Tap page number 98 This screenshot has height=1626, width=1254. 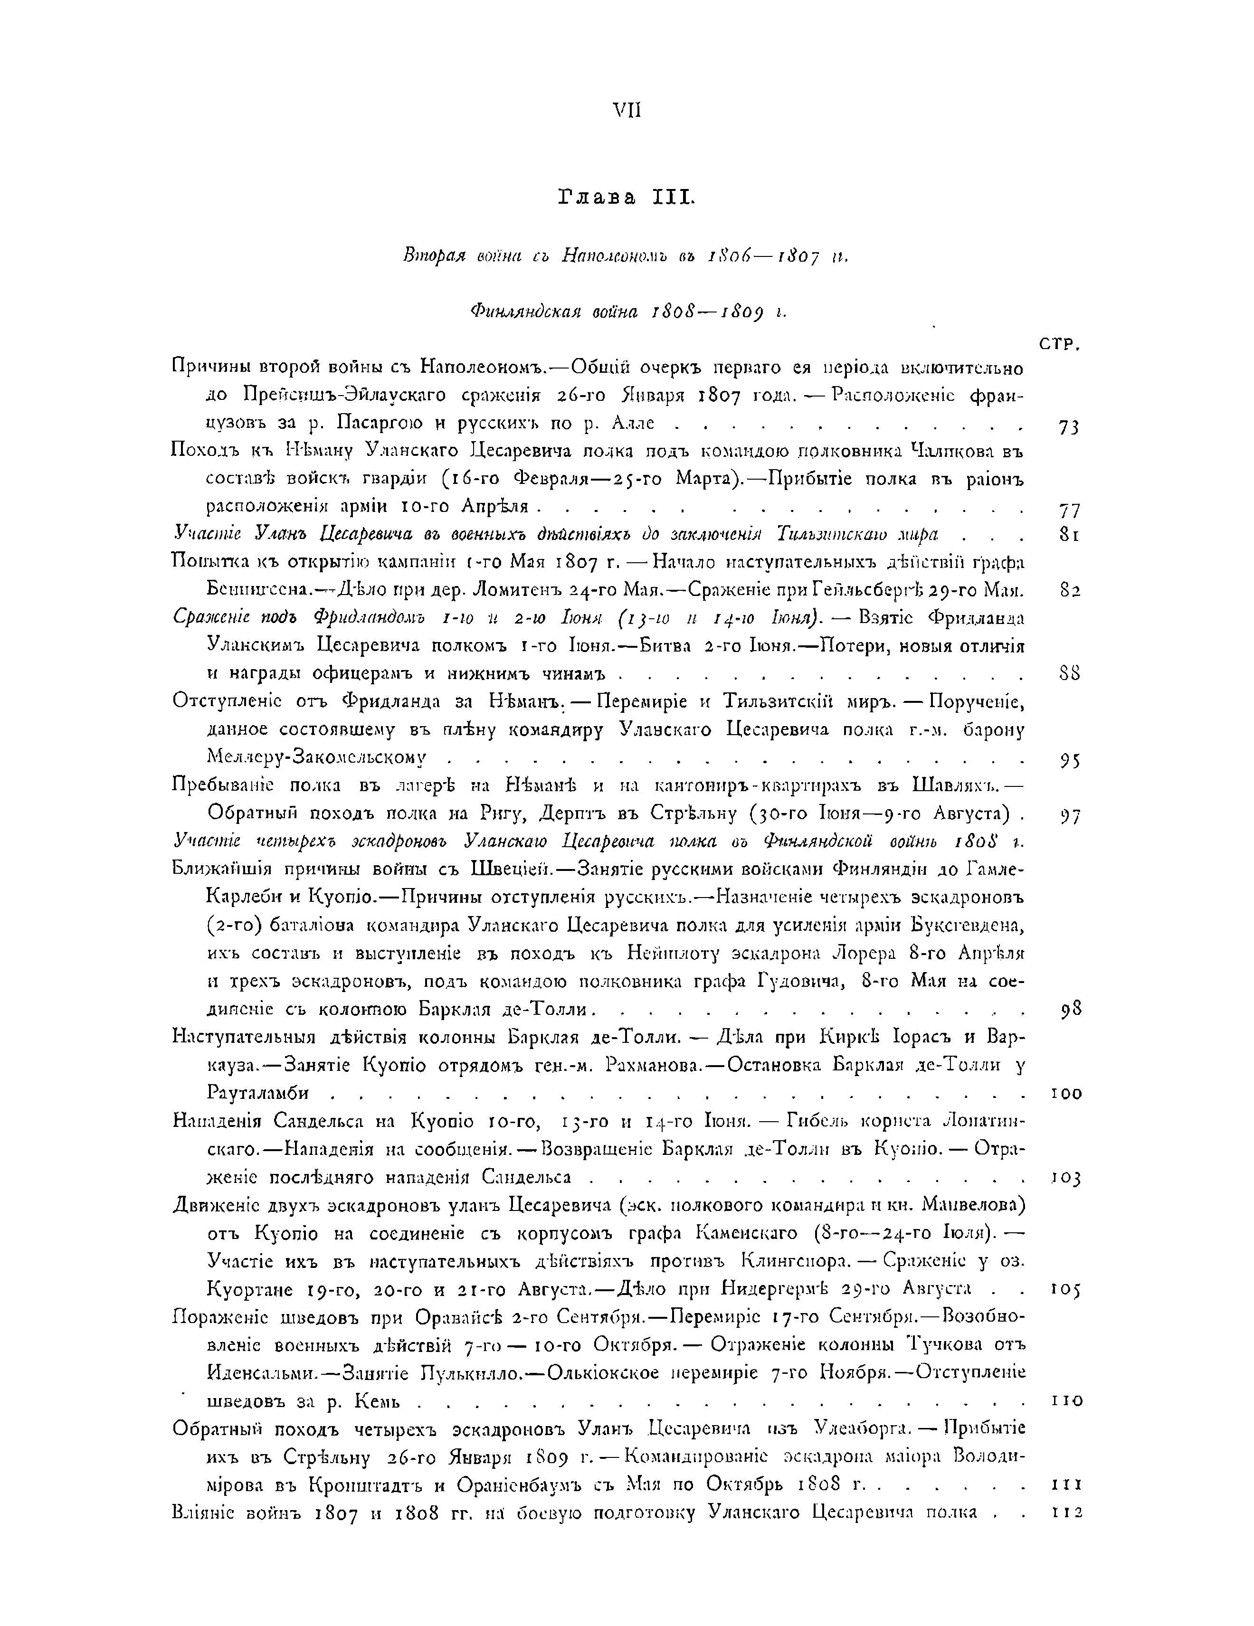(x=1070, y=1010)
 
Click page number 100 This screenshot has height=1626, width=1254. (x=1066, y=1094)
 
